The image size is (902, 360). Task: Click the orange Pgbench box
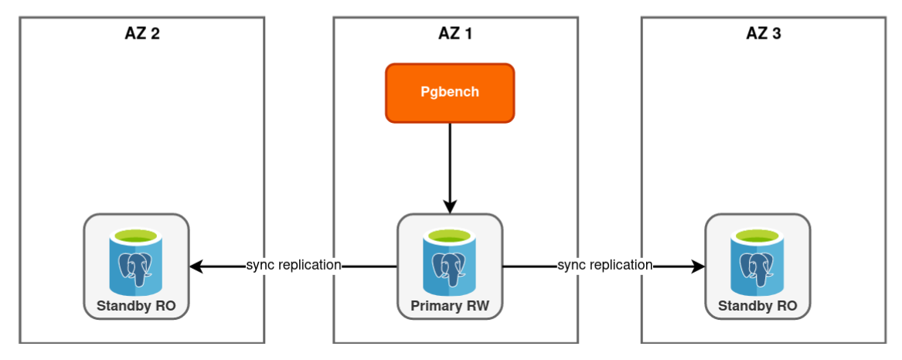tap(450, 93)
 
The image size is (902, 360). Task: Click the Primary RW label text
tap(450, 306)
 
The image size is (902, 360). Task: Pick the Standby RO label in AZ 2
tap(136, 306)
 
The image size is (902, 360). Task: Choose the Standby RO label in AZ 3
tap(757, 306)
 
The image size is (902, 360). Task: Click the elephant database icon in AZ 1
tap(450, 263)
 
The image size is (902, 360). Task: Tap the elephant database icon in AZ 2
tap(136, 263)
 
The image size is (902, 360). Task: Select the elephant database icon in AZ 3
tap(757, 263)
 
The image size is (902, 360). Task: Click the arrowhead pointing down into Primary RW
tap(450, 206)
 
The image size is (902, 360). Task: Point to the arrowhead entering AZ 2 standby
tap(196, 267)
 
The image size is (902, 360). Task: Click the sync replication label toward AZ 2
tap(294, 265)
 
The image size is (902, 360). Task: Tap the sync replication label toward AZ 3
tap(605, 265)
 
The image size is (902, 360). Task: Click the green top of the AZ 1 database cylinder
tap(450, 234)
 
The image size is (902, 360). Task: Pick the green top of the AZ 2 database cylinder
tap(136, 234)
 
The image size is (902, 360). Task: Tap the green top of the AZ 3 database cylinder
tap(757, 234)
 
